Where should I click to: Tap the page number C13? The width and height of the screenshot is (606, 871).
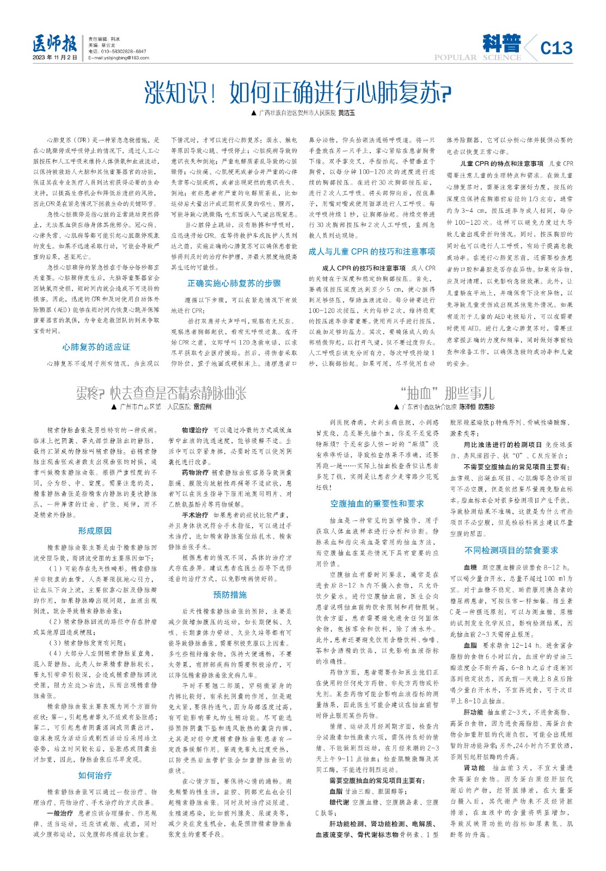tap(556, 48)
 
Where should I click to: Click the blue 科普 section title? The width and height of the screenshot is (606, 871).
tap(501, 43)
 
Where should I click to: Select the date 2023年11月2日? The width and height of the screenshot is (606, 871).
tap(54, 58)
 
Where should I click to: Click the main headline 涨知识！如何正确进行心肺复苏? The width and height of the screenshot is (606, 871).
tap(298, 92)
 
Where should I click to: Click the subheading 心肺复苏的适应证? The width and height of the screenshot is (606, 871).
tap(96, 347)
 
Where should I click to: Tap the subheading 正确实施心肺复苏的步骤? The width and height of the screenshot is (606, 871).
tap(234, 283)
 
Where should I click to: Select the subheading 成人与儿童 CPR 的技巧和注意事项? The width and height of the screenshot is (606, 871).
tap(372, 252)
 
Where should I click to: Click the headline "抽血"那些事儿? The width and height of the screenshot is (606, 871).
tap(446, 393)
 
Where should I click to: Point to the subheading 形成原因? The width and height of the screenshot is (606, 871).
tap(95, 531)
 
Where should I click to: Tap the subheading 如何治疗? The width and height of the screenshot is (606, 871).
tap(95, 775)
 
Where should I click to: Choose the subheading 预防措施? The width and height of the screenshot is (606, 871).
tap(230, 594)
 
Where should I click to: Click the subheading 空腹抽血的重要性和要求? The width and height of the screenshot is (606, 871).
tap(377, 504)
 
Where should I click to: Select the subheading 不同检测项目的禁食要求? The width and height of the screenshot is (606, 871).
tap(511, 550)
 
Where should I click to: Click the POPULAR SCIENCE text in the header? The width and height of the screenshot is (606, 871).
tap(478, 58)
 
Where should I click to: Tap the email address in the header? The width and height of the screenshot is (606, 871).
tap(119, 58)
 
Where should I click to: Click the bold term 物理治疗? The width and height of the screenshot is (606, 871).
tap(195, 430)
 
